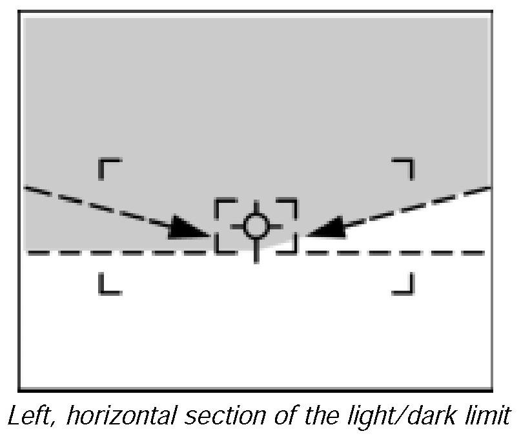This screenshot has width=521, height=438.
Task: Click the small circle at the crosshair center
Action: (x=256, y=225)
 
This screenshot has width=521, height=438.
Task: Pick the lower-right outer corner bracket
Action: (x=404, y=284)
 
